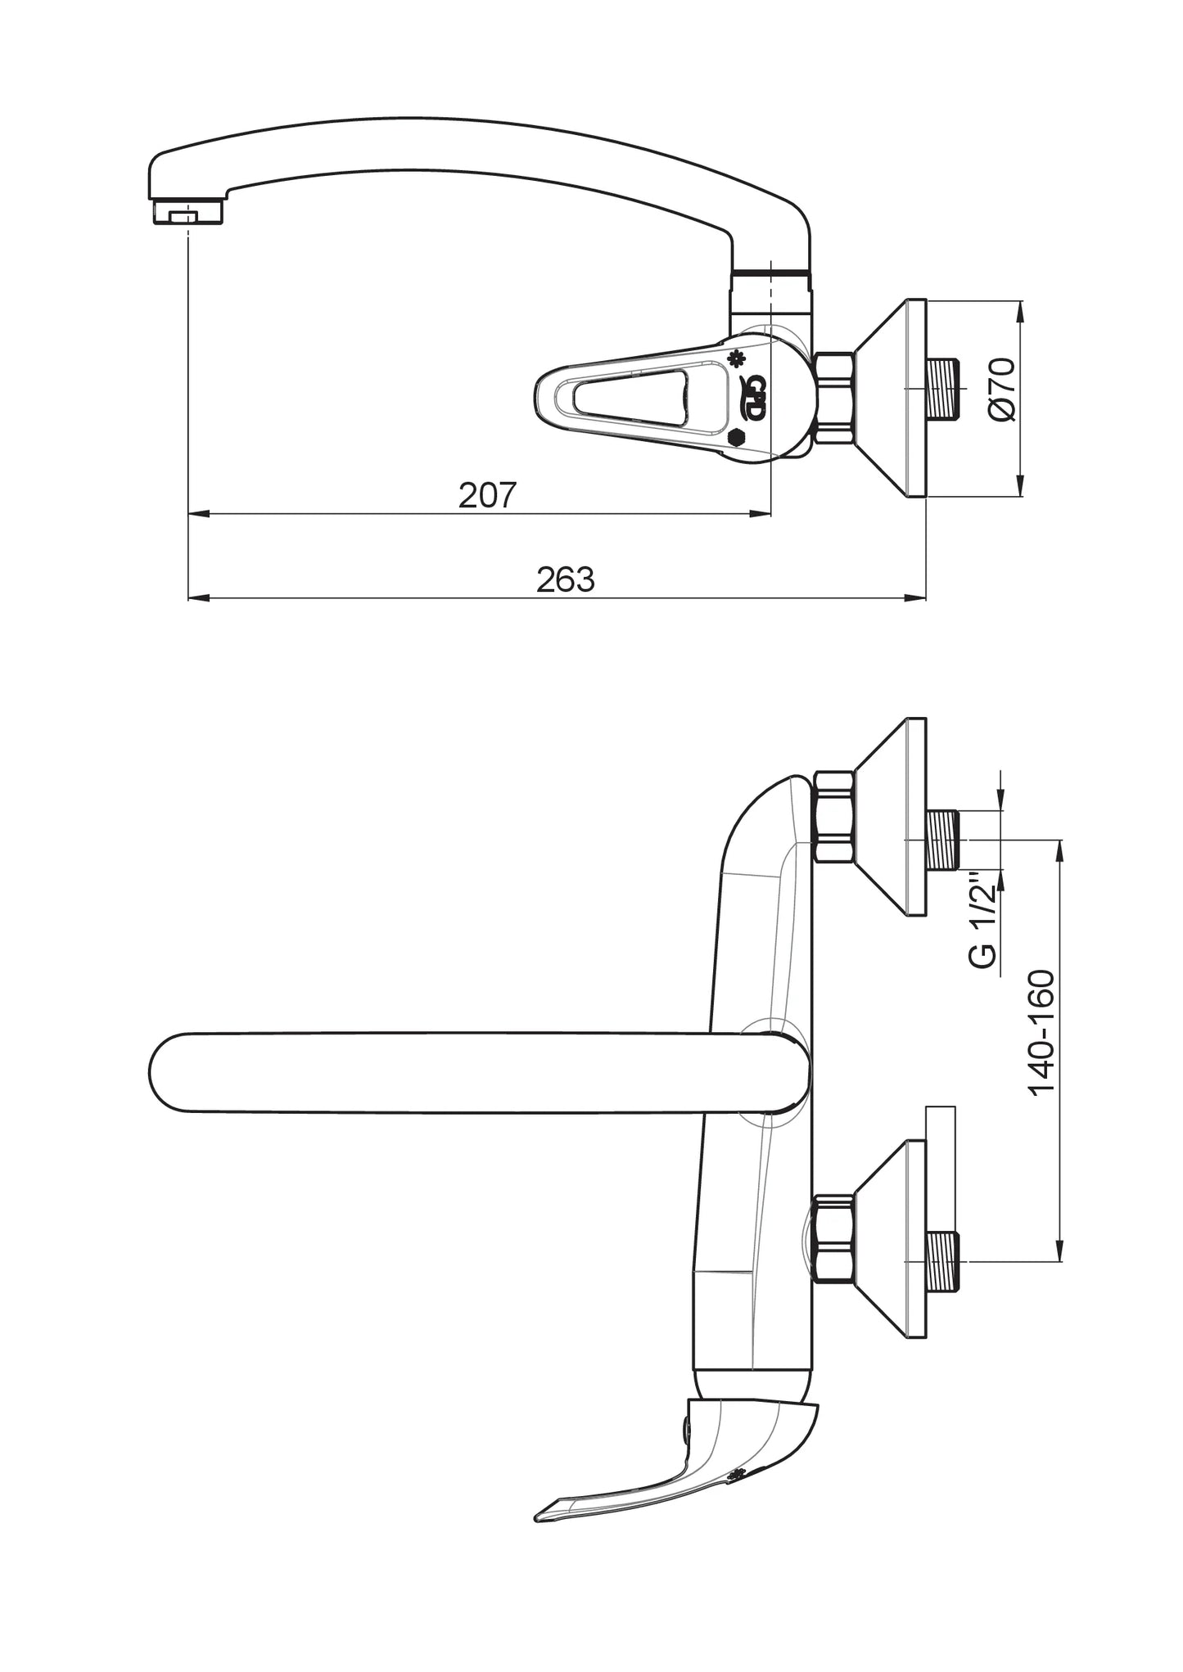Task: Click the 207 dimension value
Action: [487, 495]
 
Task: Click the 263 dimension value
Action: [565, 579]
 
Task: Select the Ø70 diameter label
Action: [1002, 390]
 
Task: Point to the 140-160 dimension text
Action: [1041, 1033]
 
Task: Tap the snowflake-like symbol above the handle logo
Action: [738, 358]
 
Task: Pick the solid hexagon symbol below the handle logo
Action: [736, 438]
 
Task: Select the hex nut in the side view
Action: [834, 399]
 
